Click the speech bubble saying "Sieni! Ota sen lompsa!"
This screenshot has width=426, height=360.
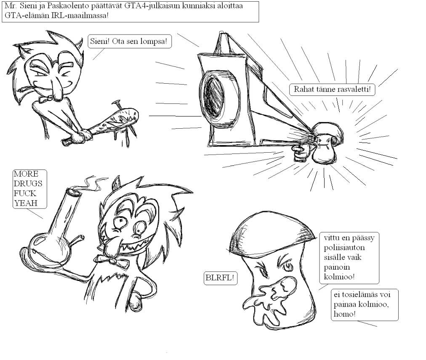point(130,42)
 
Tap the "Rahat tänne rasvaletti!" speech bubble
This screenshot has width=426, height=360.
point(332,89)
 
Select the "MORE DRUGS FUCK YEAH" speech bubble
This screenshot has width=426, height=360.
point(29,189)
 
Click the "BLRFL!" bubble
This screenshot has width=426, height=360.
point(220,278)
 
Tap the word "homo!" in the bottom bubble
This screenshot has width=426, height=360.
point(344,314)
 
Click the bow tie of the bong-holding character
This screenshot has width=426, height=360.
point(111,261)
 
